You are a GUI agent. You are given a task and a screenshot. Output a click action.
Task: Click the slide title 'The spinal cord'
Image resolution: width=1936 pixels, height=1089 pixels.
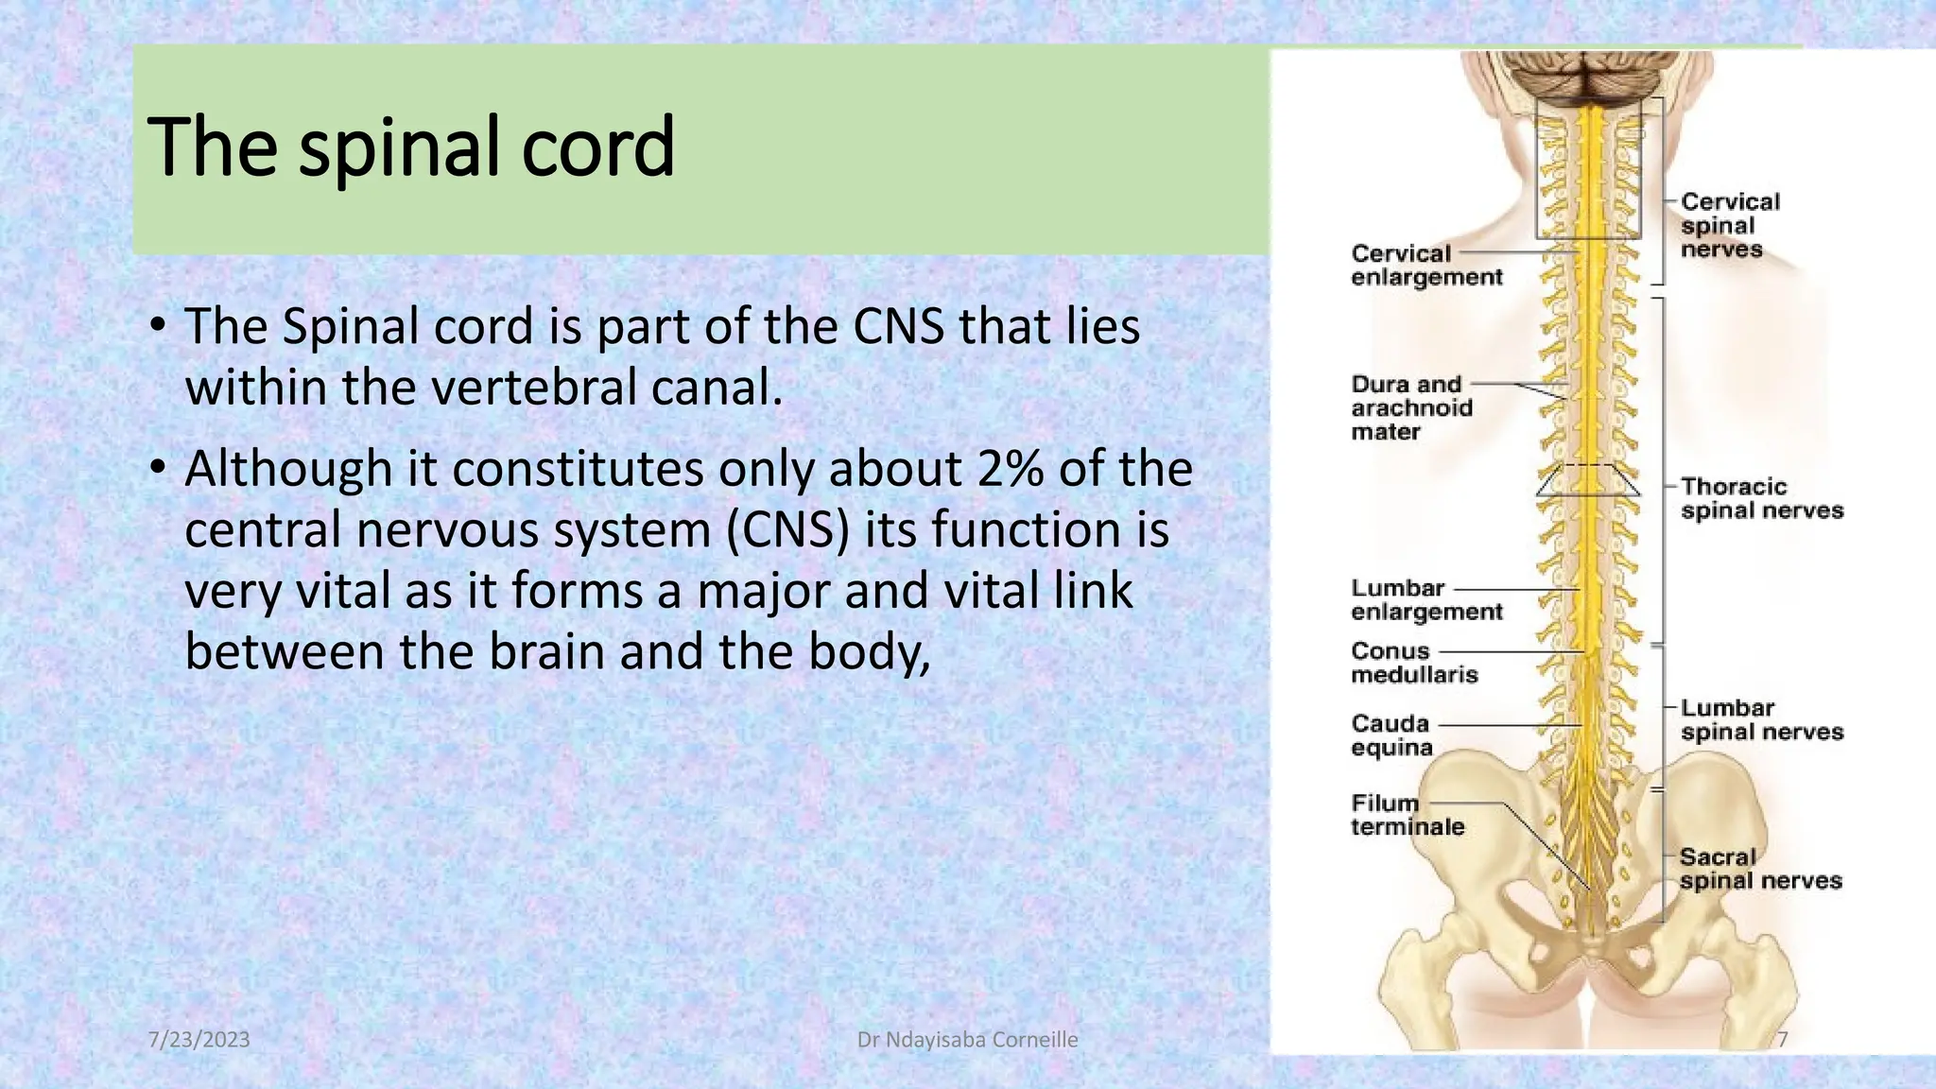[411, 147]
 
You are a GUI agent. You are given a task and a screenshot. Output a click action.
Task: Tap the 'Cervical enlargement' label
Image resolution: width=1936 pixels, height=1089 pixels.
[1426, 266]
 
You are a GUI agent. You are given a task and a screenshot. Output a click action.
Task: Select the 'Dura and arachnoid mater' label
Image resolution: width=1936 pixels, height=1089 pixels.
[1411, 408]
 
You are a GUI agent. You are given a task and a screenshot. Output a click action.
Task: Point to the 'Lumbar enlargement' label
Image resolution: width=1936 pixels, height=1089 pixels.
[1426, 600]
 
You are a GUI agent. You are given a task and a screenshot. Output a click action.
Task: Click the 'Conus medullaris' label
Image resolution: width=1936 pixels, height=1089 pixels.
[1413, 663]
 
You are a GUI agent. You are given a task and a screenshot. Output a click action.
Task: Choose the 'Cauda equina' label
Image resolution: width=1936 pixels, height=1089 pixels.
[1391, 735]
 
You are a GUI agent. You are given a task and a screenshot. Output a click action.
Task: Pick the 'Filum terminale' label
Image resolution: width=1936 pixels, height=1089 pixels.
[1407, 815]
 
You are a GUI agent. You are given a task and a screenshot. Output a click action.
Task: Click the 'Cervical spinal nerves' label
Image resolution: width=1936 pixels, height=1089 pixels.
[1729, 226]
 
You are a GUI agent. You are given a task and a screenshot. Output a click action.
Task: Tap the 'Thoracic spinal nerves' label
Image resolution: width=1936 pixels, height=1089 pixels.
[1761, 499]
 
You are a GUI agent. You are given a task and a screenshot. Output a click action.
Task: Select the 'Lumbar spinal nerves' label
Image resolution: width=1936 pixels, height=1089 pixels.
[1761, 720]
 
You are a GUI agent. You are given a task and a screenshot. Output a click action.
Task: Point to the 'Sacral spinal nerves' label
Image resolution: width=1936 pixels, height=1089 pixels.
[1760, 869]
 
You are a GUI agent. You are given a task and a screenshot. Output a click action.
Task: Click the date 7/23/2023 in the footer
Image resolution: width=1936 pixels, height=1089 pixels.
[199, 1040]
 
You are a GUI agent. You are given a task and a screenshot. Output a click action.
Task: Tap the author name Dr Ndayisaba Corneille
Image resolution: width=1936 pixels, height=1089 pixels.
[967, 1040]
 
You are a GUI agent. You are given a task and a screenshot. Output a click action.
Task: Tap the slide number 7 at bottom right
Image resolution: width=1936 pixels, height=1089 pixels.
[1782, 1040]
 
